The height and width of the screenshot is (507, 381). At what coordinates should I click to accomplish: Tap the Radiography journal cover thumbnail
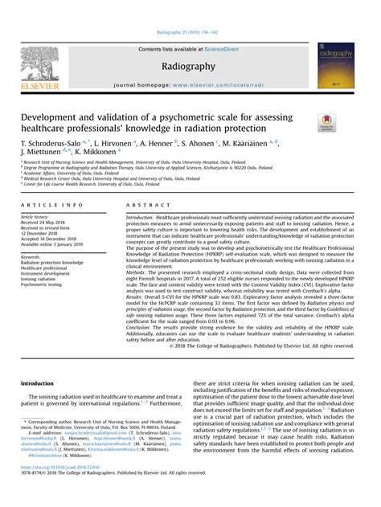point(336,64)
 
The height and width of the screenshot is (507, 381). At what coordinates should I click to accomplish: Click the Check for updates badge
point(327,122)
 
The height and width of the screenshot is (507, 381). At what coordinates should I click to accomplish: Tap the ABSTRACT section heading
point(142,206)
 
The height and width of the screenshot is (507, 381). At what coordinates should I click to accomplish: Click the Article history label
point(45,217)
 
